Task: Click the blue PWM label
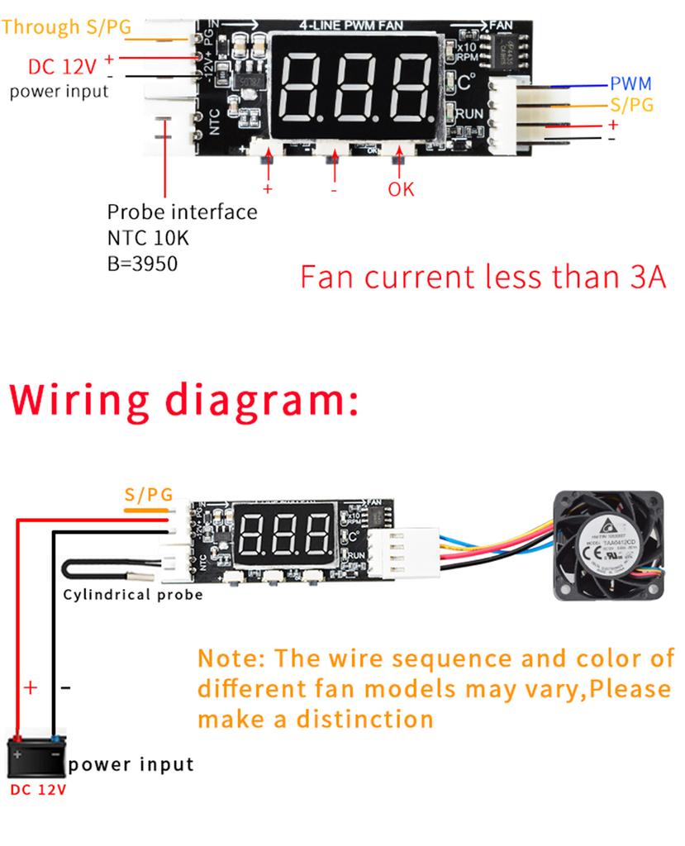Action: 630,83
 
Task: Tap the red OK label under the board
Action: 401,189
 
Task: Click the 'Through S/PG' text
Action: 66,26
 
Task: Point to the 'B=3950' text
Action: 142,264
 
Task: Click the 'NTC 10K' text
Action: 148,238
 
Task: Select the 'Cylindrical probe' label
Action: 133,595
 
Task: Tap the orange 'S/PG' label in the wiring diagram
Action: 149,495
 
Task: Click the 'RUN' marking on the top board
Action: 470,113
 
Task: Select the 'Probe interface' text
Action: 182,211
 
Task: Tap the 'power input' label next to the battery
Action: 131,764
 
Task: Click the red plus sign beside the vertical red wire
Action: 31,687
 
